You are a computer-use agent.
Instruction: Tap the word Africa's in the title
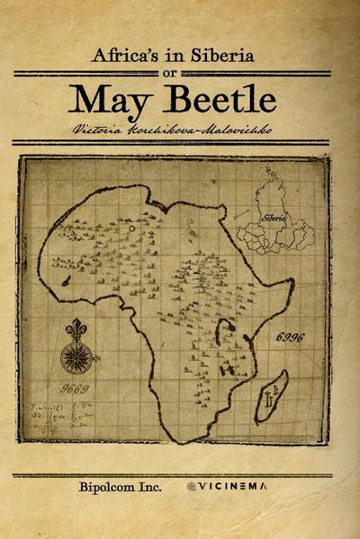(126, 56)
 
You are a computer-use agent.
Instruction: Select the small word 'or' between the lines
(180, 74)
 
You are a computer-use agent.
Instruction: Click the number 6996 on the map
(290, 336)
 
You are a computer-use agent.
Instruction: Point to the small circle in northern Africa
(133, 229)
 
